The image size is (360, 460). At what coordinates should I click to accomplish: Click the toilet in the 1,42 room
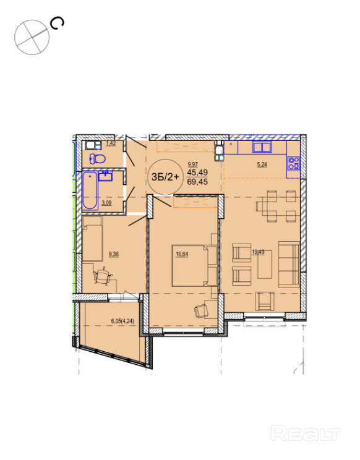(x=97, y=159)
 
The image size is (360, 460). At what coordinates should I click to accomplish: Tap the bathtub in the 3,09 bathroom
(x=90, y=190)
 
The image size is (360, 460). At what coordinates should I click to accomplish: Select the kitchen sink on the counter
(x=262, y=147)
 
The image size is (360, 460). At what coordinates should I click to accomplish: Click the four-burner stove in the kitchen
(x=293, y=163)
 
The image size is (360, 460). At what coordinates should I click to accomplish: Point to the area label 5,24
(x=262, y=164)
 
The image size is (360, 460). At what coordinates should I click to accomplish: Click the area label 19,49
(x=258, y=252)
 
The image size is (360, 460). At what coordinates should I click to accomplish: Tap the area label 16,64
(x=182, y=254)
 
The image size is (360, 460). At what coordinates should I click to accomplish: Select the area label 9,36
(x=114, y=254)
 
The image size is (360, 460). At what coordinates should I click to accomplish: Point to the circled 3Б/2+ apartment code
(x=165, y=177)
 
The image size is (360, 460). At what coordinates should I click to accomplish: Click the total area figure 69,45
(x=197, y=182)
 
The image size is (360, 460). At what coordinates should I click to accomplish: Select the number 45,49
(x=197, y=172)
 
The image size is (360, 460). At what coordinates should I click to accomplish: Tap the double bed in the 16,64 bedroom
(x=194, y=265)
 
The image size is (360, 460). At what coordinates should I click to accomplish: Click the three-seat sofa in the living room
(x=289, y=265)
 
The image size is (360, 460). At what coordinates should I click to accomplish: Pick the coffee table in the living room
(x=265, y=265)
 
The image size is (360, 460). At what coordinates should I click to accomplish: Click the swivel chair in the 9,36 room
(x=103, y=276)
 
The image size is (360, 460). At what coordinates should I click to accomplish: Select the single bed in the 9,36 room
(x=92, y=239)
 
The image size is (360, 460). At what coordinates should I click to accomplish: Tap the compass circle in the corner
(x=32, y=37)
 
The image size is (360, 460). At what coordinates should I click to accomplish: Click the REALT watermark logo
(x=306, y=433)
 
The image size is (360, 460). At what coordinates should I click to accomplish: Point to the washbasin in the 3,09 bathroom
(x=105, y=177)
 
